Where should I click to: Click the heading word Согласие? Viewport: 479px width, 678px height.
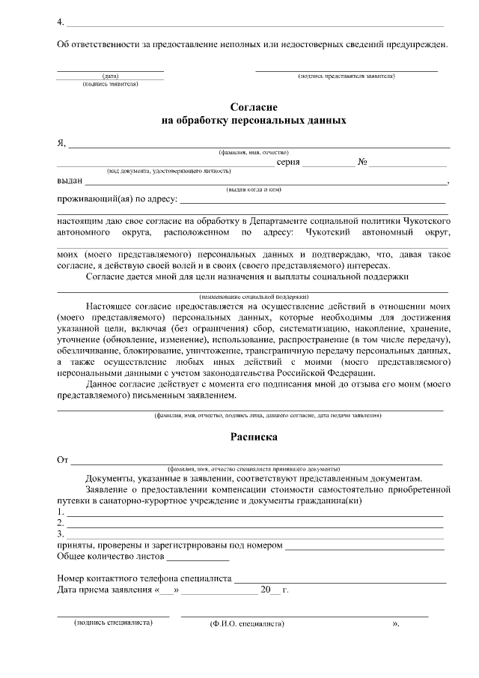(254, 107)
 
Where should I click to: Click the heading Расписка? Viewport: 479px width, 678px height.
(254, 435)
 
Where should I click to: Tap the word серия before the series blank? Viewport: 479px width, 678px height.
(289, 162)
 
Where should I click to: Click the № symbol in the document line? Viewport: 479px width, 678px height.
(362, 162)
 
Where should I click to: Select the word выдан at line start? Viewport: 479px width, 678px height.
(70, 181)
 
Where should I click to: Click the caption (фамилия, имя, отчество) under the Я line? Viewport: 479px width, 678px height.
(254, 152)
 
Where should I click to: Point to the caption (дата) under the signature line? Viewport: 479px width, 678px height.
(110, 76)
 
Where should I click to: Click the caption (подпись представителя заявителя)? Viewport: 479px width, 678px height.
(347, 76)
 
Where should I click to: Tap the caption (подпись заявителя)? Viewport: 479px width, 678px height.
(110, 84)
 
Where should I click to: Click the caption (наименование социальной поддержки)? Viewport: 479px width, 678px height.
(254, 297)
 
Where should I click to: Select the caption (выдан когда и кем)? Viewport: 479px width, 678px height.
(254, 190)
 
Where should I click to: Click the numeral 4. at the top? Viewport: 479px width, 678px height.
(61, 21)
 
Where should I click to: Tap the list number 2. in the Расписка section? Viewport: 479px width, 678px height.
(61, 523)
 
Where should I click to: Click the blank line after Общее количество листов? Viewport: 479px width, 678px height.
(198, 558)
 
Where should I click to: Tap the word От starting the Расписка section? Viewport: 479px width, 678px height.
(64, 459)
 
